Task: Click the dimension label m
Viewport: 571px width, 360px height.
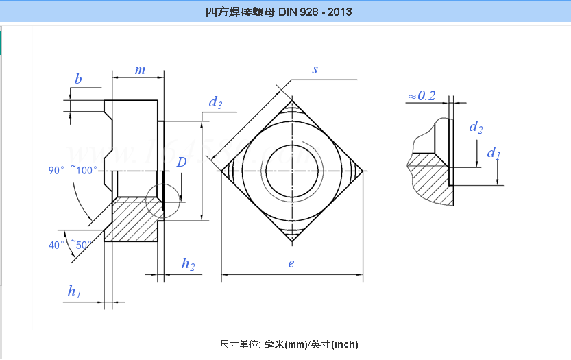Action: [x=140, y=71]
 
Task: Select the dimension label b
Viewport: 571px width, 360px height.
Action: [x=78, y=80]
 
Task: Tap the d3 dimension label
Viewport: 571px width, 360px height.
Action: [x=215, y=103]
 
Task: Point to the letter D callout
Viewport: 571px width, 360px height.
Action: [x=182, y=163]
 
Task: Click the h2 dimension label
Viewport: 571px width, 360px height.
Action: [x=188, y=265]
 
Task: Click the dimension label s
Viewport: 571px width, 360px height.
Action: [x=315, y=69]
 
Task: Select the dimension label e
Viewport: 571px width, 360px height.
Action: [x=291, y=263]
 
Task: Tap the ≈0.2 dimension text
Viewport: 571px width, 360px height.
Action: [x=422, y=95]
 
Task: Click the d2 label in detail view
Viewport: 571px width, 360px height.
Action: [x=476, y=127]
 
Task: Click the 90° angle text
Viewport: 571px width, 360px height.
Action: [x=56, y=170]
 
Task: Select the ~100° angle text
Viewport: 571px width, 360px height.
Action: [x=84, y=170]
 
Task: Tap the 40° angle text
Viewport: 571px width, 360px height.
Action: [x=56, y=245]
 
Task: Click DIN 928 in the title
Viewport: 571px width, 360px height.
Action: [x=302, y=12]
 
